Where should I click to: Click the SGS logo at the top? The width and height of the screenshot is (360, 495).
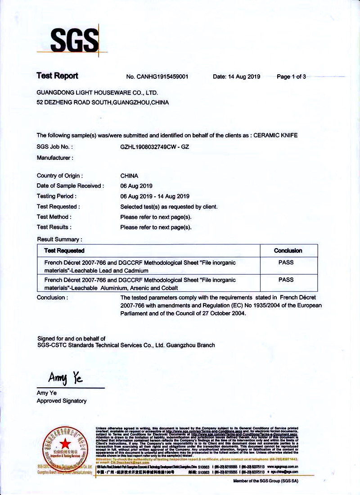click(x=74, y=40)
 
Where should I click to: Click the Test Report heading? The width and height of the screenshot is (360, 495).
click(x=57, y=76)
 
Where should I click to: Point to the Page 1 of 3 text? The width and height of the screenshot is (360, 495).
click(x=291, y=77)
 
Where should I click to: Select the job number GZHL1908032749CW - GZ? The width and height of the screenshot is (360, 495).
click(x=154, y=146)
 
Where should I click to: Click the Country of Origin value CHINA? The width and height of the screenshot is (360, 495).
click(x=129, y=176)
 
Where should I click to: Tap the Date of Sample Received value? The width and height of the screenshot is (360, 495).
click(x=136, y=186)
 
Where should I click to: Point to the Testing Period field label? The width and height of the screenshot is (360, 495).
click(x=57, y=196)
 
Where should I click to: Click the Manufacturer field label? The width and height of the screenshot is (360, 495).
click(x=55, y=158)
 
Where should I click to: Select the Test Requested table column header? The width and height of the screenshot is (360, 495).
click(x=64, y=250)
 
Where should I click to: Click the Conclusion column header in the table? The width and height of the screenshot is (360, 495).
click(x=288, y=250)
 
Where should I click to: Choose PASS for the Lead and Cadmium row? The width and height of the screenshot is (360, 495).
click(x=286, y=262)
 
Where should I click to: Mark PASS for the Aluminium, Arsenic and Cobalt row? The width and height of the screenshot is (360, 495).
click(x=286, y=280)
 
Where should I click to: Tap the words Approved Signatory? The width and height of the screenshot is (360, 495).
click(x=62, y=401)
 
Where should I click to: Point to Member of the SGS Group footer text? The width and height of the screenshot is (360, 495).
click(x=265, y=481)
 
